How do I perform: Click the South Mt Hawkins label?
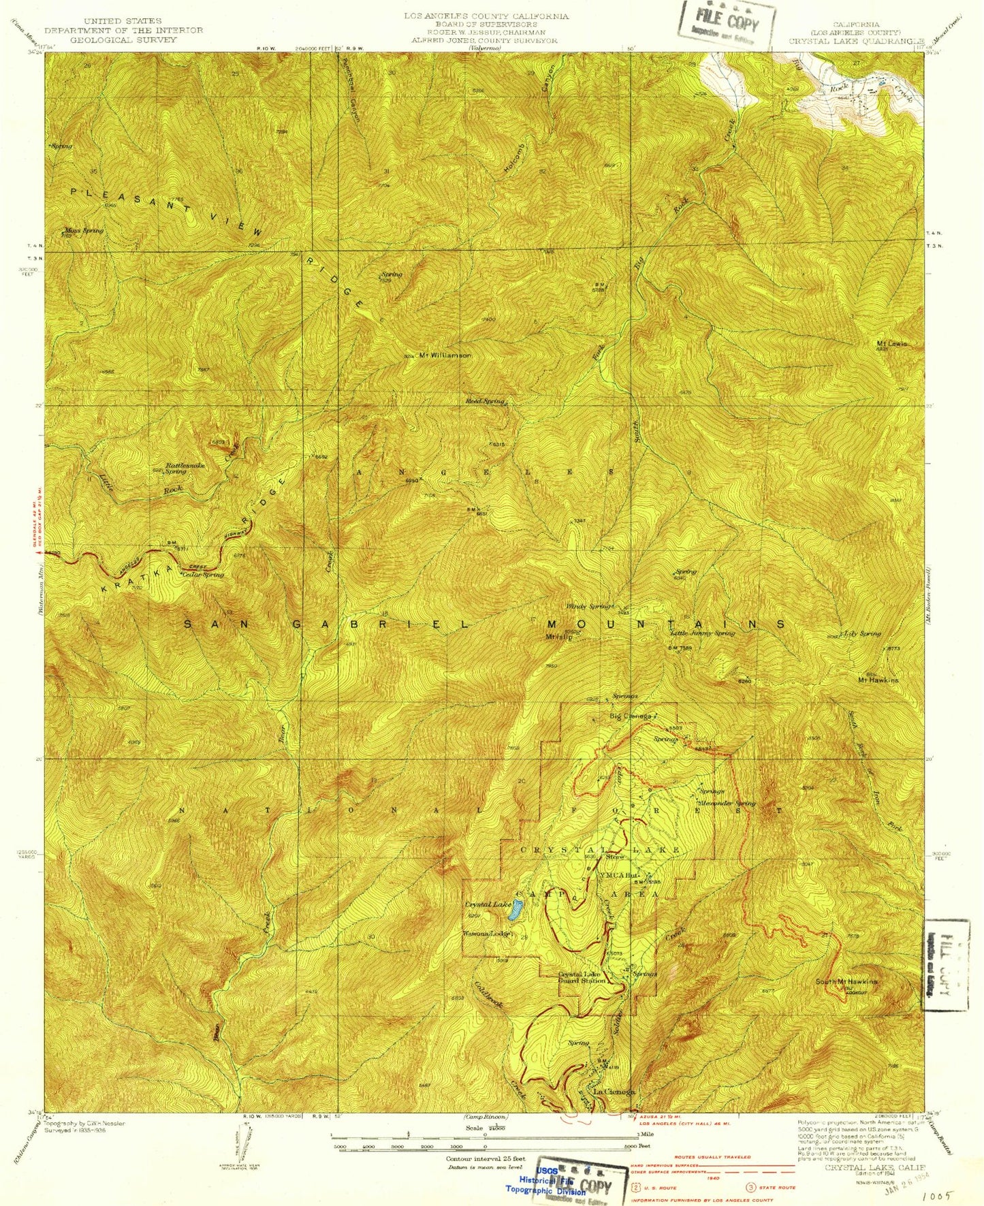pyautogui.click(x=846, y=981)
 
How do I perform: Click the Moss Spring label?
pyautogui.click(x=84, y=230)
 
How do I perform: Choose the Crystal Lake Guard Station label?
pyautogui.click(x=582, y=977)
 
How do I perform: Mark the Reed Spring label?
pyautogui.click(x=485, y=401)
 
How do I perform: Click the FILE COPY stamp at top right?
pyautogui.click(x=727, y=24)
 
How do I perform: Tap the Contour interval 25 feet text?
pyautogui.click(x=486, y=1158)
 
